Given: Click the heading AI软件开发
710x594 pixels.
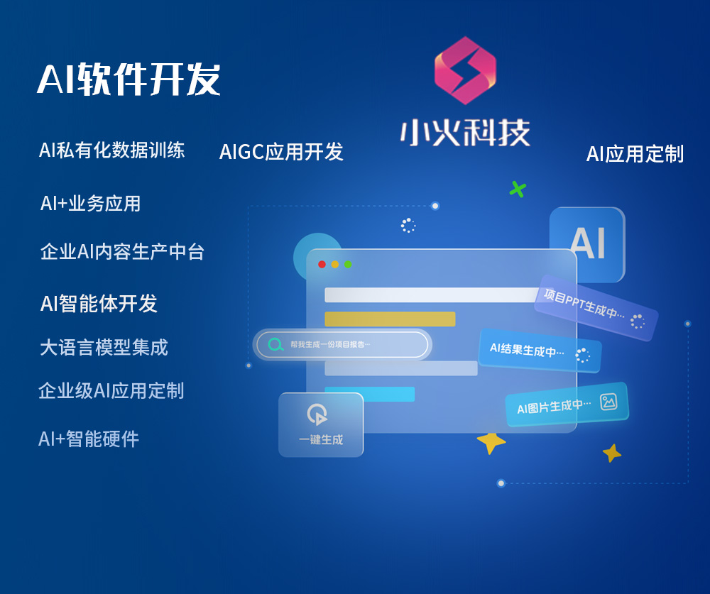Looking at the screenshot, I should coord(129,79).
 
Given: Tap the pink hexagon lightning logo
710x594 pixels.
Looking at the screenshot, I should coord(465,70).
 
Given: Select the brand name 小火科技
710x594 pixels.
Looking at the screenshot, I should coord(465,133).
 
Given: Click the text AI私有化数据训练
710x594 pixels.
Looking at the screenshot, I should coord(111,150).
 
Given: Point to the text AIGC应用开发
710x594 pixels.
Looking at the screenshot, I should coord(281,152).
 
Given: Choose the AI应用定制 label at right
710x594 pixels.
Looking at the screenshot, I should coord(635,154).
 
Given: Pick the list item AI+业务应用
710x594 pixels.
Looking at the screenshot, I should coord(90,204).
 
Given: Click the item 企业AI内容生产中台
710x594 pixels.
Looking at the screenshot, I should coord(122,252).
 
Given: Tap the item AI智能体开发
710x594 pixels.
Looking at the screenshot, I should coord(99,304).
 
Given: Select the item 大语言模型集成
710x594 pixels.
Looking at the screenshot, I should coord(104,348).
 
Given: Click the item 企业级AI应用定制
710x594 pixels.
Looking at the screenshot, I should coord(111,391).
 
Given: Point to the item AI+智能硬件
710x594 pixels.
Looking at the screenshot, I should coord(89,439).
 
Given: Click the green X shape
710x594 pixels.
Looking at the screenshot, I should coord(518,189).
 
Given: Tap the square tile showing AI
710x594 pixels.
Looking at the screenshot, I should coord(587,244).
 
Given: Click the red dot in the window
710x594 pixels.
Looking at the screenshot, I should coord(322,264).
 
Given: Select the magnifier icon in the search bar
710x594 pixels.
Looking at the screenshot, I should coord(275,345).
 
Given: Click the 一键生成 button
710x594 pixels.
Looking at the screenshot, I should coord(321,424).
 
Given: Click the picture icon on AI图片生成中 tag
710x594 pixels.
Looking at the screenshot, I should coord(608,402).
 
